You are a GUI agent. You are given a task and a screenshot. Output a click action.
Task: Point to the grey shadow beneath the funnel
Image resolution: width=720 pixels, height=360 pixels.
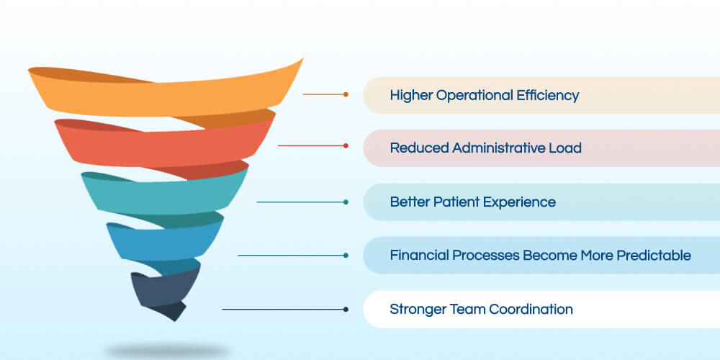[166, 351]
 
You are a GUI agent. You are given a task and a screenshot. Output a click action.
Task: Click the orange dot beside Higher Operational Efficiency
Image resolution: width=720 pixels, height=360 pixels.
[346, 94]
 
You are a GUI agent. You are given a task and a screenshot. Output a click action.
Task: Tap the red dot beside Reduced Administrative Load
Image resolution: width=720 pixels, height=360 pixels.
[346, 146]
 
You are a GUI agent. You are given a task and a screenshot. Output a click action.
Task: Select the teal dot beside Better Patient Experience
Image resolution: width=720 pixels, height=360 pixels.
[346, 202]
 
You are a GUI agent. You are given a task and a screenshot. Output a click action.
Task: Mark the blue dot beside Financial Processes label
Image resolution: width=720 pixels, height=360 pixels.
[346, 255]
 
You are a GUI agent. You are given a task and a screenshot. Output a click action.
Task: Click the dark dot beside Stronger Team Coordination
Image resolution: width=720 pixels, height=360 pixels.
[346, 309]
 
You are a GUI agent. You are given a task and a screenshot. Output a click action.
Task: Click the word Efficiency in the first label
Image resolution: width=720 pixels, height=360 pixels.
[547, 95]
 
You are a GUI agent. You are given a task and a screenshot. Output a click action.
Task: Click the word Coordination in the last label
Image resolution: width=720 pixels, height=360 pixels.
[531, 310]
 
